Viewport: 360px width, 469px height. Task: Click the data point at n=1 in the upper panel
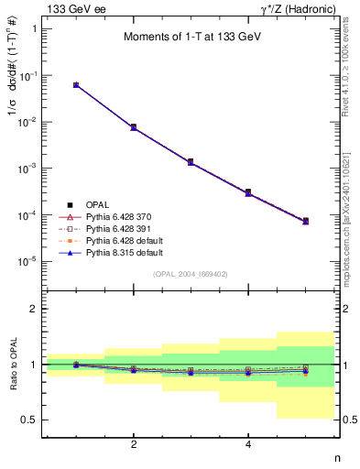(x=76, y=84)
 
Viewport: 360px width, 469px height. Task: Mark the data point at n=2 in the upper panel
(x=134, y=127)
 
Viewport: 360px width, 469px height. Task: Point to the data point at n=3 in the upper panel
(x=191, y=162)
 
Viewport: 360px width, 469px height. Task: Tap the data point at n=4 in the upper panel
(x=248, y=192)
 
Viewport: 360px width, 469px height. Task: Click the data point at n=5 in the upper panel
(x=306, y=221)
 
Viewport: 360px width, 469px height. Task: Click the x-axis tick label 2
(x=134, y=444)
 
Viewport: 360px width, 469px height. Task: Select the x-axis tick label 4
(x=248, y=444)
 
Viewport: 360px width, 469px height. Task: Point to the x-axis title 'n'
(x=336, y=458)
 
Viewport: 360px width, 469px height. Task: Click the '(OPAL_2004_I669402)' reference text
(x=191, y=274)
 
